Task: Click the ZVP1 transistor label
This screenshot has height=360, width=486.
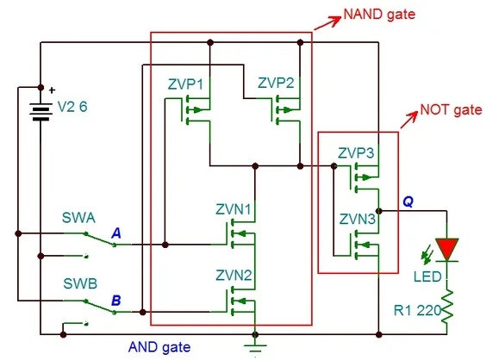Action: click(x=185, y=84)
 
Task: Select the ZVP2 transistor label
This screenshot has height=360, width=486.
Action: click(x=276, y=83)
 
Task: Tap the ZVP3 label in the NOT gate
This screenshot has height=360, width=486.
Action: click(x=356, y=153)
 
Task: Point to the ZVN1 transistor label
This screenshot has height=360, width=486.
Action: click(x=234, y=210)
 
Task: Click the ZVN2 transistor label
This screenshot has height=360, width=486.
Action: click(x=234, y=276)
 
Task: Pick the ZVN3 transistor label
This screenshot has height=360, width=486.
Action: click(x=358, y=220)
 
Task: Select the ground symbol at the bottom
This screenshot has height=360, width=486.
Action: click(x=255, y=348)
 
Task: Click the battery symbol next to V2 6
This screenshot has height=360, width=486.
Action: click(x=40, y=112)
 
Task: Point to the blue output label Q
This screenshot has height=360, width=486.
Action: click(x=408, y=202)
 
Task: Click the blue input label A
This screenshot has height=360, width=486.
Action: click(x=116, y=233)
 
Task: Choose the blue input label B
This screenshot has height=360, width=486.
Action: click(x=116, y=301)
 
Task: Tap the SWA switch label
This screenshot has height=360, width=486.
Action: click(x=78, y=218)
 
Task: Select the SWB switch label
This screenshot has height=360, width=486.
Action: click(x=80, y=283)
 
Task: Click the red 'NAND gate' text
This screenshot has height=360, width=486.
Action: click(x=379, y=15)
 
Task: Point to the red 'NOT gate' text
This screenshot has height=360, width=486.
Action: click(x=451, y=109)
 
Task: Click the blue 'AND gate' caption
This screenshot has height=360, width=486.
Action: click(x=159, y=347)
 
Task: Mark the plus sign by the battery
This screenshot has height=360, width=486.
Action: click(x=52, y=90)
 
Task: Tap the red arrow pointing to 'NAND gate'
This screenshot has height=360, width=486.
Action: click(x=327, y=22)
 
